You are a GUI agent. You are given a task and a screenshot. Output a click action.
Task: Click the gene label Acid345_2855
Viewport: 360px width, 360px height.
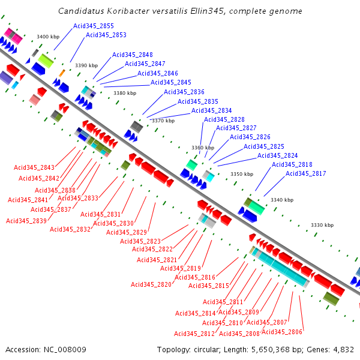93,26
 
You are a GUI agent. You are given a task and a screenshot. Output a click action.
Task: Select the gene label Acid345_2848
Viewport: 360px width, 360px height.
133,55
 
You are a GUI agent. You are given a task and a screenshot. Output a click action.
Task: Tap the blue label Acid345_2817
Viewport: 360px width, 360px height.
306,174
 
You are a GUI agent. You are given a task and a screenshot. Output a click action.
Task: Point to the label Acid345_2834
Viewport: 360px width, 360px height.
211,110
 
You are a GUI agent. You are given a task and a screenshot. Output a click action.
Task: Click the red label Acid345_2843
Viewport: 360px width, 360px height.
34,167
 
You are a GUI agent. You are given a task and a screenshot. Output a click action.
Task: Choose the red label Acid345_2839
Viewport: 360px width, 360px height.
26,221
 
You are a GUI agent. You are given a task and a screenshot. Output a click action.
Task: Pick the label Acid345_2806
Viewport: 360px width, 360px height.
282,332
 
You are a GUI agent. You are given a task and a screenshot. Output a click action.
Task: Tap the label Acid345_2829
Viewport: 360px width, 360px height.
127,232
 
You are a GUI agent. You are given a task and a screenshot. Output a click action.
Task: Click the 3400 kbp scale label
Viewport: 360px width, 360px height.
48,37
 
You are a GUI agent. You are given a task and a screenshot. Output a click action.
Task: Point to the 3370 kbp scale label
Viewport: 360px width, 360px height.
163,121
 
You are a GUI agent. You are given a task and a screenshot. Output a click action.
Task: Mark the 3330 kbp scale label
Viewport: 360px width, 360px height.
322,225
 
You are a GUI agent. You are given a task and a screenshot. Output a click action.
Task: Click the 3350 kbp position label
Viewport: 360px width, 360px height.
242,175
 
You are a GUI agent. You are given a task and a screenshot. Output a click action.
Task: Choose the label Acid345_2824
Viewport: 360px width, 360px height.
277,156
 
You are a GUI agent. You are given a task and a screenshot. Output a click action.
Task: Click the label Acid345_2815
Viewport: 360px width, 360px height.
209,286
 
